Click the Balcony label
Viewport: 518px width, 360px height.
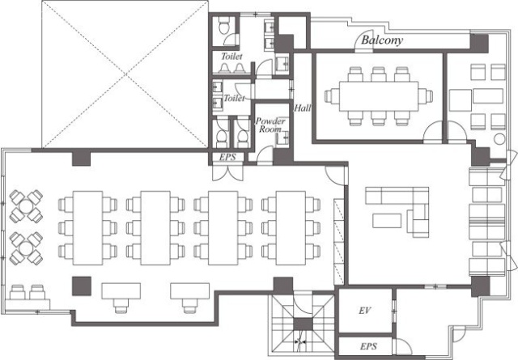click(x=382, y=40)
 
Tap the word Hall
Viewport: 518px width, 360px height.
click(x=302, y=108)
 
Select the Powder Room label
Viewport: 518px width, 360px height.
click(x=270, y=125)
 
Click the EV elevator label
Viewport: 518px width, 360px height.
click(x=365, y=311)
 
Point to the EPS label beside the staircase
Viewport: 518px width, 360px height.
click(x=368, y=346)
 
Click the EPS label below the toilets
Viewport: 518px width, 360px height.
click(x=227, y=157)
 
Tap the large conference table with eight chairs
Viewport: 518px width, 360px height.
click(x=379, y=96)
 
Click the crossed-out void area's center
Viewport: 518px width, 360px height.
click(x=125, y=74)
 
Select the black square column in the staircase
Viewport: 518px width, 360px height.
click(x=303, y=324)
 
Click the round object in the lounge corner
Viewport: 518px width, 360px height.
click(x=499, y=139)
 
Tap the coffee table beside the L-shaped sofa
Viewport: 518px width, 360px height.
click(x=387, y=221)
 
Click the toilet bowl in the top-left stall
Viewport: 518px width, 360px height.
click(x=224, y=26)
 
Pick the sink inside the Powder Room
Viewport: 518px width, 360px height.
click(x=282, y=138)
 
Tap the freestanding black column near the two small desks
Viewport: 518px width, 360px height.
click(x=82, y=286)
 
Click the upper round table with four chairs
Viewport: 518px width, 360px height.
click(x=26, y=206)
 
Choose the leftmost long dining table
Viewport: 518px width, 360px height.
click(x=87, y=228)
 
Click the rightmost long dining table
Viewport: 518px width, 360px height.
click(x=291, y=228)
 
